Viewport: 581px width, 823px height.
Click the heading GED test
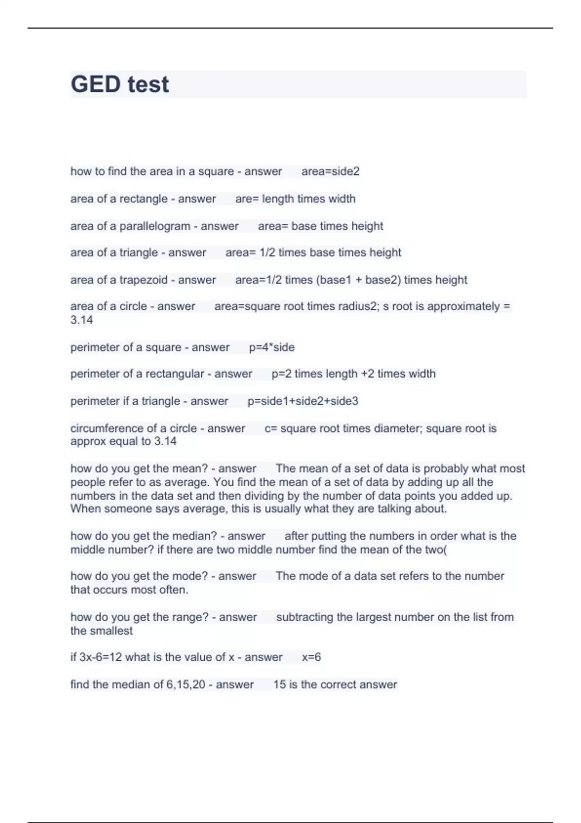[x=120, y=84]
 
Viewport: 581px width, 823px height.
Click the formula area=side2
[x=330, y=171]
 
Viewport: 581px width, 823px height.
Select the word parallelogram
[x=155, y=226]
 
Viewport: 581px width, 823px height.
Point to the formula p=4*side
[x=272, y=347]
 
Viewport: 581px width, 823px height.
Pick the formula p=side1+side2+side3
[x=303, y=401]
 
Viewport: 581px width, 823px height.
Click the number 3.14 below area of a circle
[x=81, y=320]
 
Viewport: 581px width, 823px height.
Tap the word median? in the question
[x=194, y=536]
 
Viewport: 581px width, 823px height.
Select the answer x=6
[x=311, y=657]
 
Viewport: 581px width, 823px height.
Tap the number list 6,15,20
[x=186, y=685]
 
